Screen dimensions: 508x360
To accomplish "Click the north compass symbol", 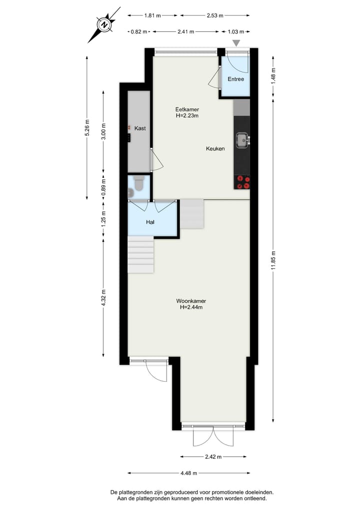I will click(104, 24).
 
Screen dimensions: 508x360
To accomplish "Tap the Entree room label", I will click(235, 79).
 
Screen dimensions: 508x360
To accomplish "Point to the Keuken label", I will click(215, 149).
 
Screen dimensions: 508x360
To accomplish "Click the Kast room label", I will click(140, 129).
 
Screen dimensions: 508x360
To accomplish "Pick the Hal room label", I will click(150, 222).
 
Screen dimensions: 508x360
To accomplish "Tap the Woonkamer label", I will click(191, 301).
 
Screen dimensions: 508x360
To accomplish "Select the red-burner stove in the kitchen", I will click(242, 182).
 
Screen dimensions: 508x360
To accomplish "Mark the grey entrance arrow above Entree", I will click(236, 43).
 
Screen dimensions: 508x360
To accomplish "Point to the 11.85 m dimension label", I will click(273, 259).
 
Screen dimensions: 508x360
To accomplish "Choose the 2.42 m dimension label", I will click(213, 457).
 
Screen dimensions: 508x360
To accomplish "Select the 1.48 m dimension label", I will click(273, 75).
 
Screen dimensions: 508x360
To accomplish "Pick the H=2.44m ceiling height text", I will click(191, 308).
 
